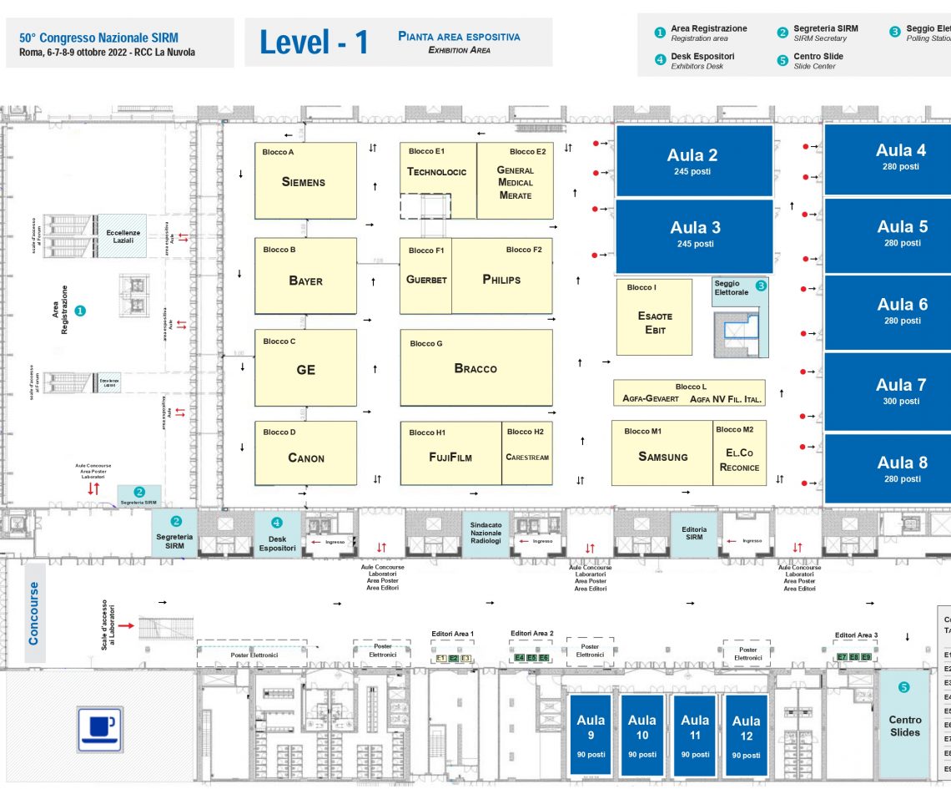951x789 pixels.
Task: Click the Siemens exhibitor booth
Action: pyautogui.click(x=305, y=181)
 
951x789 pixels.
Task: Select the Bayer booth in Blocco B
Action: pyautogui.click(x=305, y=280)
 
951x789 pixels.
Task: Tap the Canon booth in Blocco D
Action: pyautogui.click(x=305, y=457)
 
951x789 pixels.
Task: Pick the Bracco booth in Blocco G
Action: pyautogui.click(x=475, y=367)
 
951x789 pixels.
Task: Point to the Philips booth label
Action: pyautogui.click(x=501, y=280)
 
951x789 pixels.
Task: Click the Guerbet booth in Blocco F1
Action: pyautogui.click(x=426, y=280)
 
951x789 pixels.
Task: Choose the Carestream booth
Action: pyautogui.click(x=526, y=457)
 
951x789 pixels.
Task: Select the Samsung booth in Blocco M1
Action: pyautogui.click(x=662, y=457)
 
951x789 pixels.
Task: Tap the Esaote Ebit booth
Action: pyautogui.click(x=654, y=322)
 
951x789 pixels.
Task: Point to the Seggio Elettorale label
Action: pyautogui.click(x=727, y=288)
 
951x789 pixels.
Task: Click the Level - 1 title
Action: pyautogui.click(x=314, y=43)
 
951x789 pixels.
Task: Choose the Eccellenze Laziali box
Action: pyautogui.click(x=123, y=235)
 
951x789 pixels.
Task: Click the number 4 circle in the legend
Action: pyautogui.click(x=660, y=58)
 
